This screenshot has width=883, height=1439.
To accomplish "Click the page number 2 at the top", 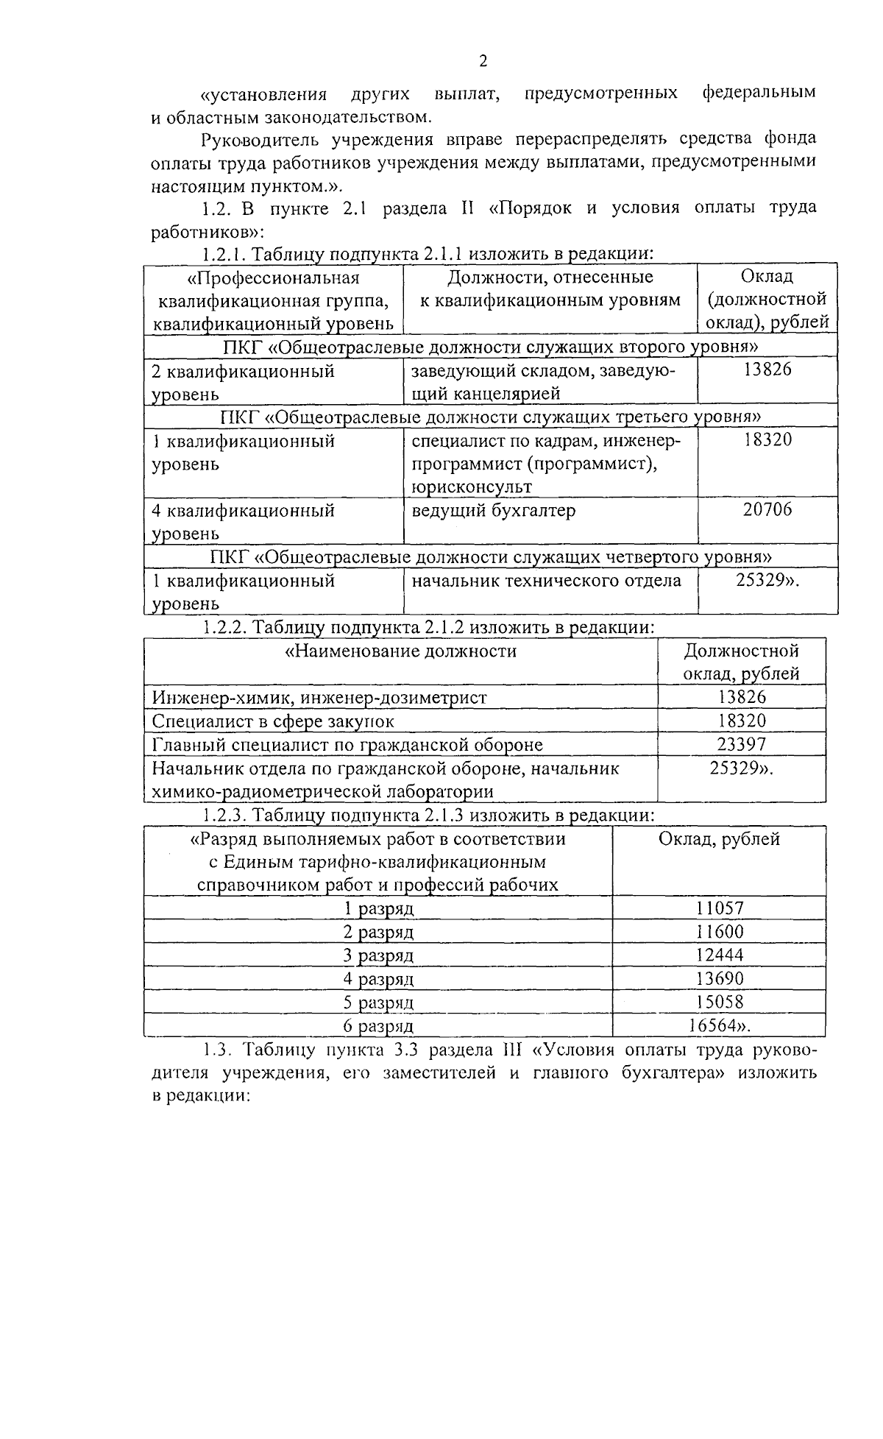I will pyautogui.click(x=483, y=61).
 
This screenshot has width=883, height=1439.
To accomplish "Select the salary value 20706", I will pyautogui.click(x=767, y=510).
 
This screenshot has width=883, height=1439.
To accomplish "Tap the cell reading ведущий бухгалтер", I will pyautogui.click(x=493, y=511).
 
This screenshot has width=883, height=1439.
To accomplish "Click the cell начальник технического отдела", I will pyautogui.click(x=546, y=581).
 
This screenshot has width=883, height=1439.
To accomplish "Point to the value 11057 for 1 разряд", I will pyautogui.click(x=720, y=908).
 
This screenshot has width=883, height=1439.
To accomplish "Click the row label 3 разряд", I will pyautogui.click(x=379, y=955).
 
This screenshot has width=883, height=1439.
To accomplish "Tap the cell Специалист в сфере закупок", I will pyautogui.click(x=273, y=721).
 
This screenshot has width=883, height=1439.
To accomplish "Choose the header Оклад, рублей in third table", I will pyautogui.click(x=719, y=839).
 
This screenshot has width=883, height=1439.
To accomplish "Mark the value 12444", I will pyautogui.click(x=720, y=955).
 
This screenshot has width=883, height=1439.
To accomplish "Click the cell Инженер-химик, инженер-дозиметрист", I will pyautogui.click(x=319, y=698).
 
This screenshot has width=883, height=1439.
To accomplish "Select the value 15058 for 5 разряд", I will pyautogui.click(x=720, y=1003).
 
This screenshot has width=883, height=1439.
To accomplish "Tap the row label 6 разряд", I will pyautogui.click(x=379, y=1026).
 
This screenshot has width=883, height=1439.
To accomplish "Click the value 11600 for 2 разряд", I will pyautogui.click(x=720, y=932).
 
